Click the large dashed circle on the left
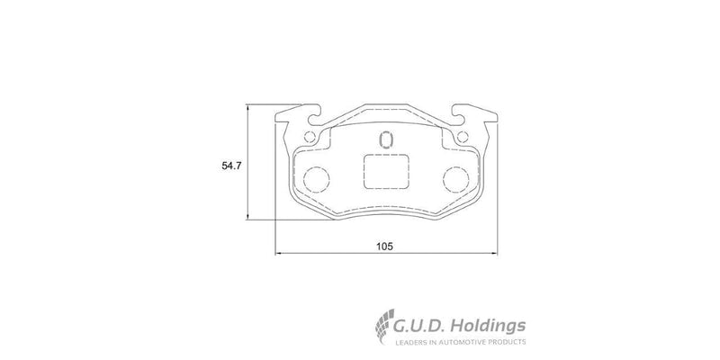(x=314, y=178)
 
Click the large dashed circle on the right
(x=457, y=178)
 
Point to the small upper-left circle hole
(x=310, y=138)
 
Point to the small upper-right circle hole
(x=463, y=138)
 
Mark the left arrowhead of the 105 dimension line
(x=278, y=253)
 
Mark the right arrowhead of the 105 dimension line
(x=496, y=253)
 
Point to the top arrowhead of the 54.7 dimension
(x=248, y=107)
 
